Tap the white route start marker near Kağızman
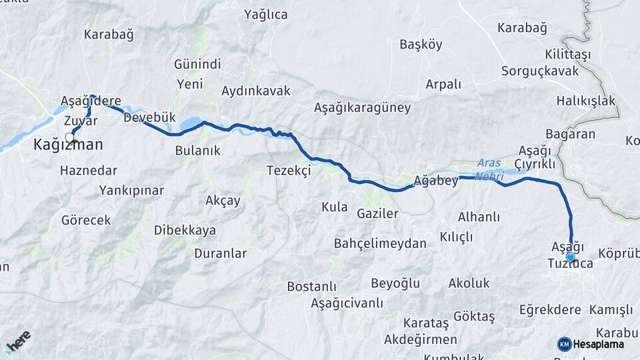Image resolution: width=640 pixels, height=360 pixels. pos(69,138)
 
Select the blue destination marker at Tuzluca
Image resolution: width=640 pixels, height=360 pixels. pos(571,257)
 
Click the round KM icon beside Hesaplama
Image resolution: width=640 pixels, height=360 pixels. pos(564,344)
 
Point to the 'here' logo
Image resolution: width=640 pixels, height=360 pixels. pos(19,342)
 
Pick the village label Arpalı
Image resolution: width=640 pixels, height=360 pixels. pos(443,84)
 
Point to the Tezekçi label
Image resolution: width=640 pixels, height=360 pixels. pos(289,171)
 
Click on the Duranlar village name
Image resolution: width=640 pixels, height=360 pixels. pos(221,253)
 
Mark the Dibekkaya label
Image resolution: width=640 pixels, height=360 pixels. pos(185,230)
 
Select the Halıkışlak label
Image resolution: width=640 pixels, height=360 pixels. pos(586,101)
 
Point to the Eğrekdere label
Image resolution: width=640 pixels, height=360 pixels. pos(551,309)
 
